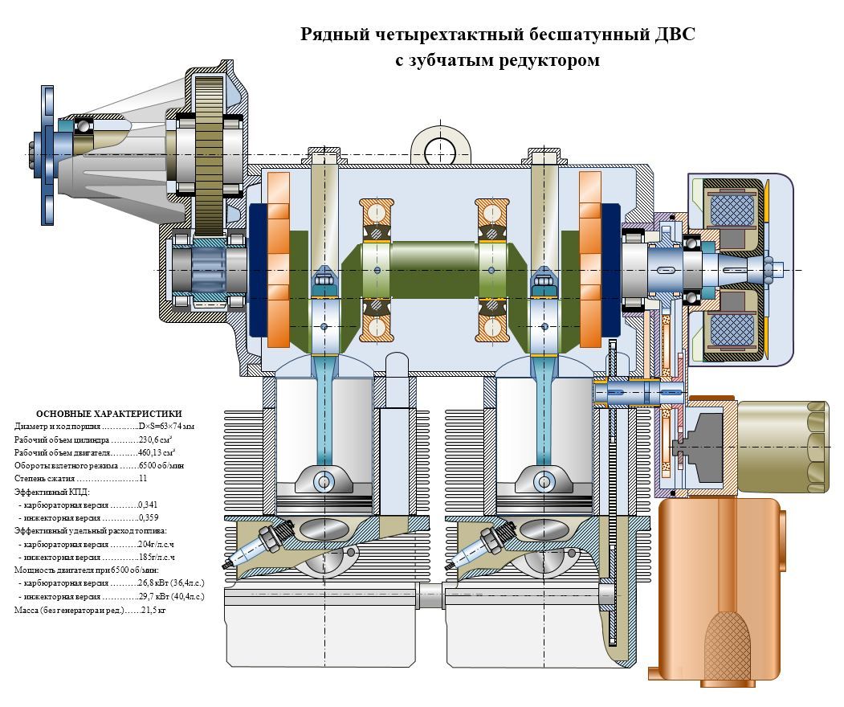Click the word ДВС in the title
click(x=675, y=35)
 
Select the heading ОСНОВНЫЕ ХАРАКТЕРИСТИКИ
click(x=108, y=413)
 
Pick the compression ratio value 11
click(x=143, y=478)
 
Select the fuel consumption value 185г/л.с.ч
click(x=156, y=556)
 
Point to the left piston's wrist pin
click(x=324, y=481)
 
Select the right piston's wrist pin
click(x=544, y=481)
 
